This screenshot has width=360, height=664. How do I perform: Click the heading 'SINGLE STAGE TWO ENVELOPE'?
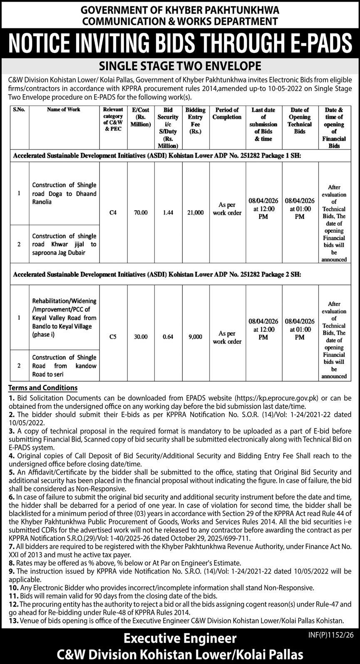click(180, 66)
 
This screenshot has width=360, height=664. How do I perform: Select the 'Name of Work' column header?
click(64, 109)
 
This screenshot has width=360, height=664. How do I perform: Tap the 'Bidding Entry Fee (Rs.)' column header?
click(195, 121)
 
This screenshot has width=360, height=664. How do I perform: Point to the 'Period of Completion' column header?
click(227, 113)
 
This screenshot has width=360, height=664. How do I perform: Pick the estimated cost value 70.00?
click(141, 212)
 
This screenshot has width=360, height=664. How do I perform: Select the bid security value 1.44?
click(168, 212)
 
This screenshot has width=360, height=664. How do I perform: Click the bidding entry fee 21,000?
click(196, 212)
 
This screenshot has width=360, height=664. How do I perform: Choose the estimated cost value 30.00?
click(141, 337)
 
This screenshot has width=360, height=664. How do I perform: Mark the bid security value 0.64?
click(168, 337)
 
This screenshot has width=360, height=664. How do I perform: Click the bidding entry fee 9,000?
click(195, 337)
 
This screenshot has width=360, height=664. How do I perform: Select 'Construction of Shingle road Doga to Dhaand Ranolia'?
click(64, 193)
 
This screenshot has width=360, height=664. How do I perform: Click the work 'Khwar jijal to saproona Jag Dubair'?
click(64, 244)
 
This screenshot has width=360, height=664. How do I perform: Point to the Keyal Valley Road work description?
click(64, 318)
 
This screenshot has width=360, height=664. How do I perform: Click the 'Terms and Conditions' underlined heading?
click(43, 388)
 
